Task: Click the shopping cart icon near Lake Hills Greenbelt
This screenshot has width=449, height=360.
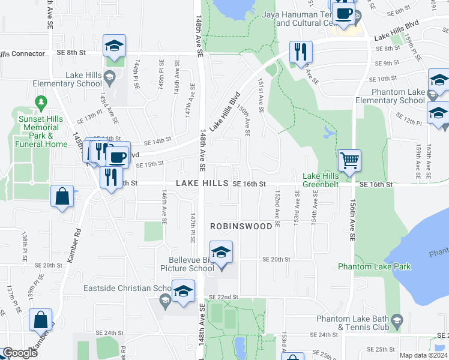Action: [349, 160]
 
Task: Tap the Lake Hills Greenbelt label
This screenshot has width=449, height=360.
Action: [321, 180]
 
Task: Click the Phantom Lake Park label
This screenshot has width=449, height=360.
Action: [374, 266]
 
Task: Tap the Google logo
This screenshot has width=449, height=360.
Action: [19, 353]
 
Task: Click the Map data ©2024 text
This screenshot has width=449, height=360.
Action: [424, 355]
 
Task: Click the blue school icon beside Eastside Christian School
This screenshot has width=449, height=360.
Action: [183, 291]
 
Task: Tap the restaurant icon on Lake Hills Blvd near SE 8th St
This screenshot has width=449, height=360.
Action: [301, 52]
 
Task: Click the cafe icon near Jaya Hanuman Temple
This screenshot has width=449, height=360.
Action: [343, 14]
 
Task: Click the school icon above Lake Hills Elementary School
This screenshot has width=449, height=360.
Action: [114, 46]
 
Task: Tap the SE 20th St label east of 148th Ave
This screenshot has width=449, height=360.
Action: [276, 260]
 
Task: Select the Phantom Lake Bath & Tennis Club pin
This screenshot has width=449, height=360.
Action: [396, 323]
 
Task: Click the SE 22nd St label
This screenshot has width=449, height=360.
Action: [223, 297]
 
